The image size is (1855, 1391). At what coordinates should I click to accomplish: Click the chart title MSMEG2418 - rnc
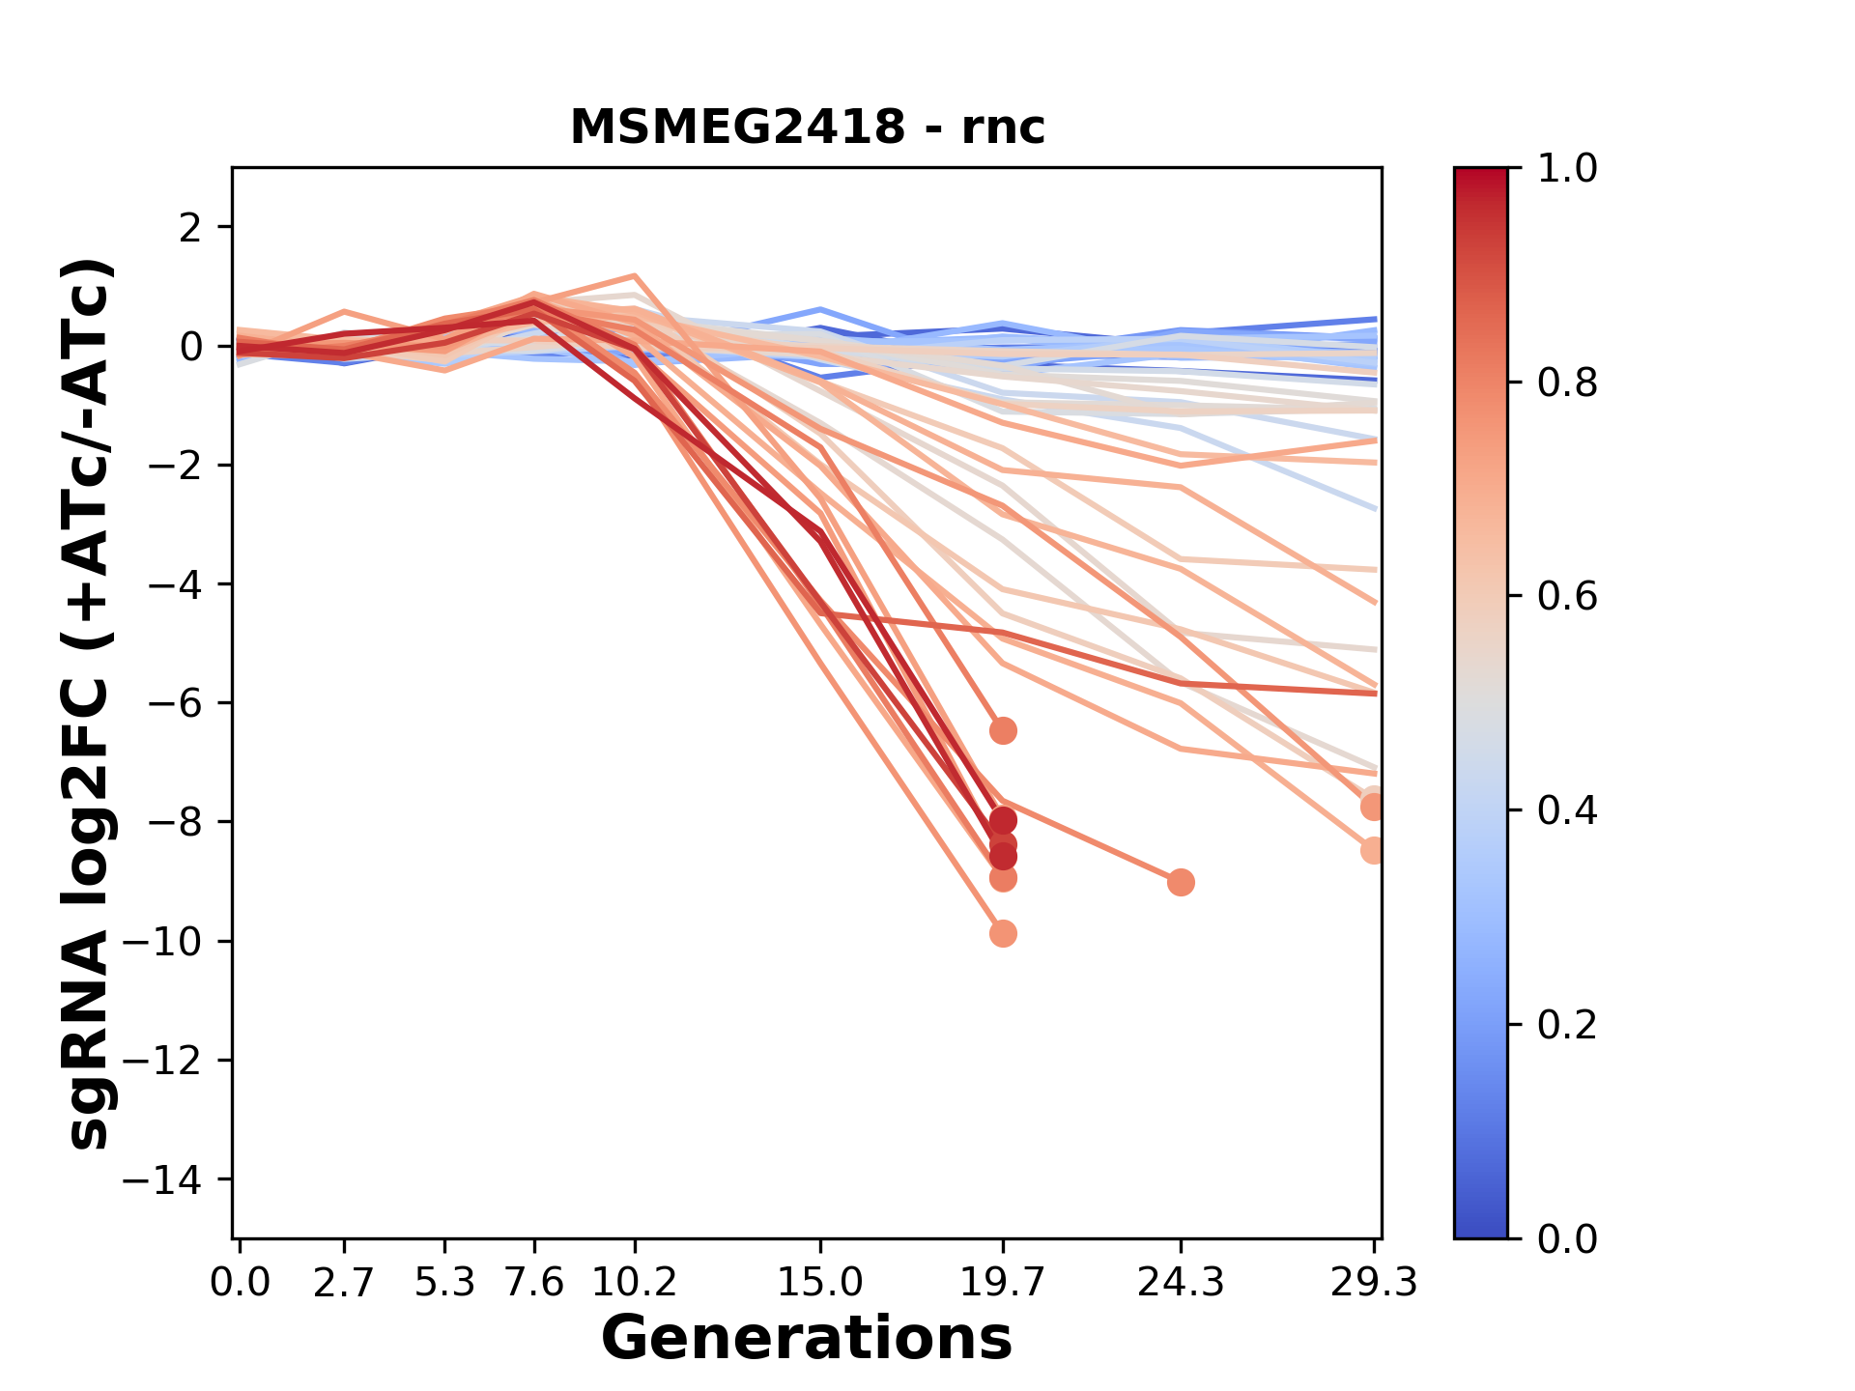coord(807,128)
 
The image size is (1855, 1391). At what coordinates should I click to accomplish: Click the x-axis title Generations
coord(807,1339)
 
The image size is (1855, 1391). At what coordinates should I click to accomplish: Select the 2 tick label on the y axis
coord(191,228)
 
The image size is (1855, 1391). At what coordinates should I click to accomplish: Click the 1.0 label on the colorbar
coord(1567,169)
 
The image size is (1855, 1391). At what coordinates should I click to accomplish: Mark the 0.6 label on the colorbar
coord(1567,597)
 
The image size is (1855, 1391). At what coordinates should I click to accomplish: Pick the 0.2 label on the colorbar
coord(1567,1025)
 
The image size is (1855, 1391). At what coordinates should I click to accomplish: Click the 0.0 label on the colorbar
coord(1567,1238)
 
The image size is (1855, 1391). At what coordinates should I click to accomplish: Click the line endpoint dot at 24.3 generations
coord(1180,882)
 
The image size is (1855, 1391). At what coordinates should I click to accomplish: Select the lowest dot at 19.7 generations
coord(1003,933)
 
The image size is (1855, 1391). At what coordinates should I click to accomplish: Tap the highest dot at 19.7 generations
coord(1003,730)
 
